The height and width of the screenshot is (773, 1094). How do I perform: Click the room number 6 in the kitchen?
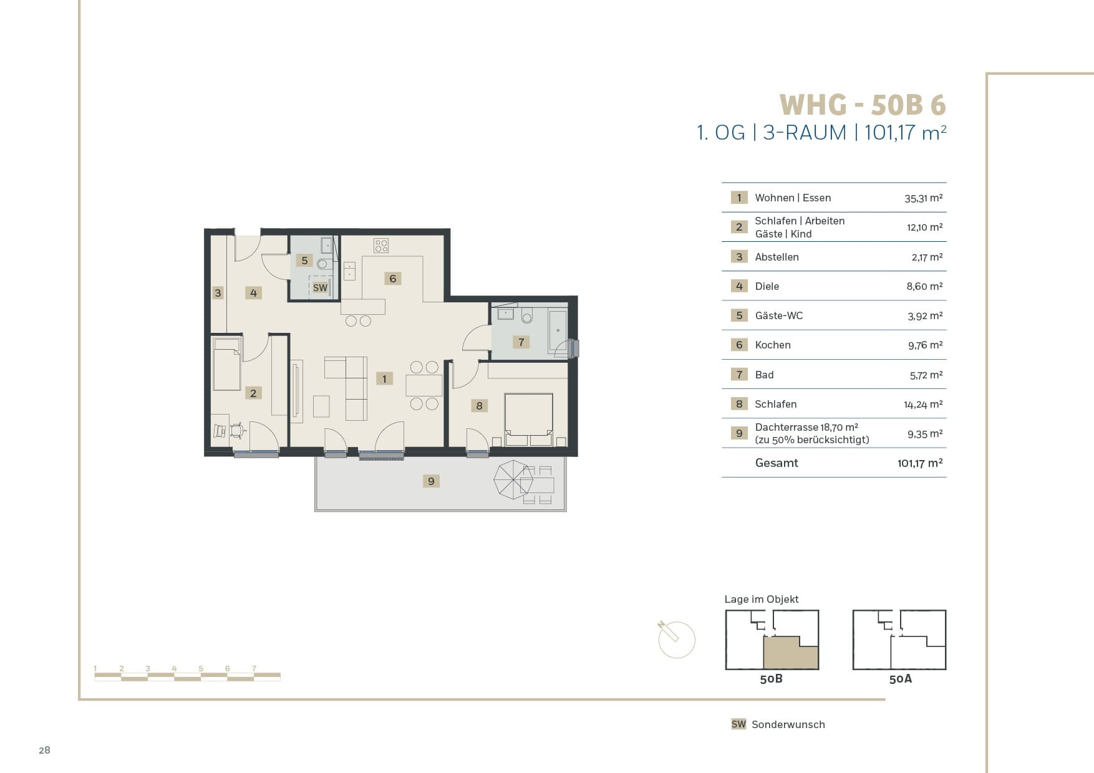tap(392, 278)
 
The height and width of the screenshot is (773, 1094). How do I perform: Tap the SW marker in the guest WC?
tap(320, 287)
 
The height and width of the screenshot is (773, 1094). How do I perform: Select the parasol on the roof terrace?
tap(513, 479)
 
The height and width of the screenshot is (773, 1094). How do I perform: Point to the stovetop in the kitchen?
tap(381, 245)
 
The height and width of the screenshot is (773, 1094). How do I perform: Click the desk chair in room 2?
tap(237, 430)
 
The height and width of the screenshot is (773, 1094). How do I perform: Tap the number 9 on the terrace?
tap(431, 481)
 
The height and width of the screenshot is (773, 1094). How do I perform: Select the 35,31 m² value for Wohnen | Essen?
tap(923, 198)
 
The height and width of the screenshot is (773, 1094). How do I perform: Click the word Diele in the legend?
tap(767, 286)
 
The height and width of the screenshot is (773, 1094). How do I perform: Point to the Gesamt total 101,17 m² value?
tap(920, 463)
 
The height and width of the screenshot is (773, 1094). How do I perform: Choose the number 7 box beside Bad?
tap(739, 374)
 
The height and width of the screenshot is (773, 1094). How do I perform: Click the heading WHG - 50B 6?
tap(863, 105)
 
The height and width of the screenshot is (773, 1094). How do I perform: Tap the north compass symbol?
tap(676, 638)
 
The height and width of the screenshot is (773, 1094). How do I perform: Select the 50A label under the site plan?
tap(900, 679)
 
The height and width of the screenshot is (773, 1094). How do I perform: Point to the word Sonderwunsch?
tap(788, 724)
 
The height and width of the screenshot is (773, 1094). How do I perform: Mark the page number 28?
tap(44, 750)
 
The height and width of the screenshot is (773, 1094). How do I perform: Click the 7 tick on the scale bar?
tap(254, 668)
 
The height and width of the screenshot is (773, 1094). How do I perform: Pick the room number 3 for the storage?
tap(218, 292)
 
